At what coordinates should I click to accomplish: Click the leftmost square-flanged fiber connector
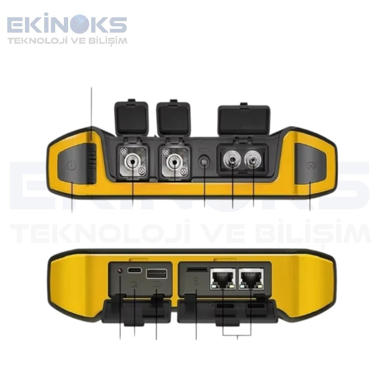pos(133,162)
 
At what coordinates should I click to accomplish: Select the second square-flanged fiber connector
pos(174,162)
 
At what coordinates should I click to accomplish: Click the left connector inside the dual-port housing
pos(232,160)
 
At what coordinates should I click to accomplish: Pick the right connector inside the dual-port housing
pos(253,160)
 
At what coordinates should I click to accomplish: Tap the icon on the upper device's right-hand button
pos(310,166)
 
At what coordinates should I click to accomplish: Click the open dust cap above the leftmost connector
pos(132,118)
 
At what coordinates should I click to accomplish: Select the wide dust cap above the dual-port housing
pos(244,120)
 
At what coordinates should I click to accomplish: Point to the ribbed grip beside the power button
pos(92,162)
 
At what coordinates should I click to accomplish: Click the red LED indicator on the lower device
pos(120,271)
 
